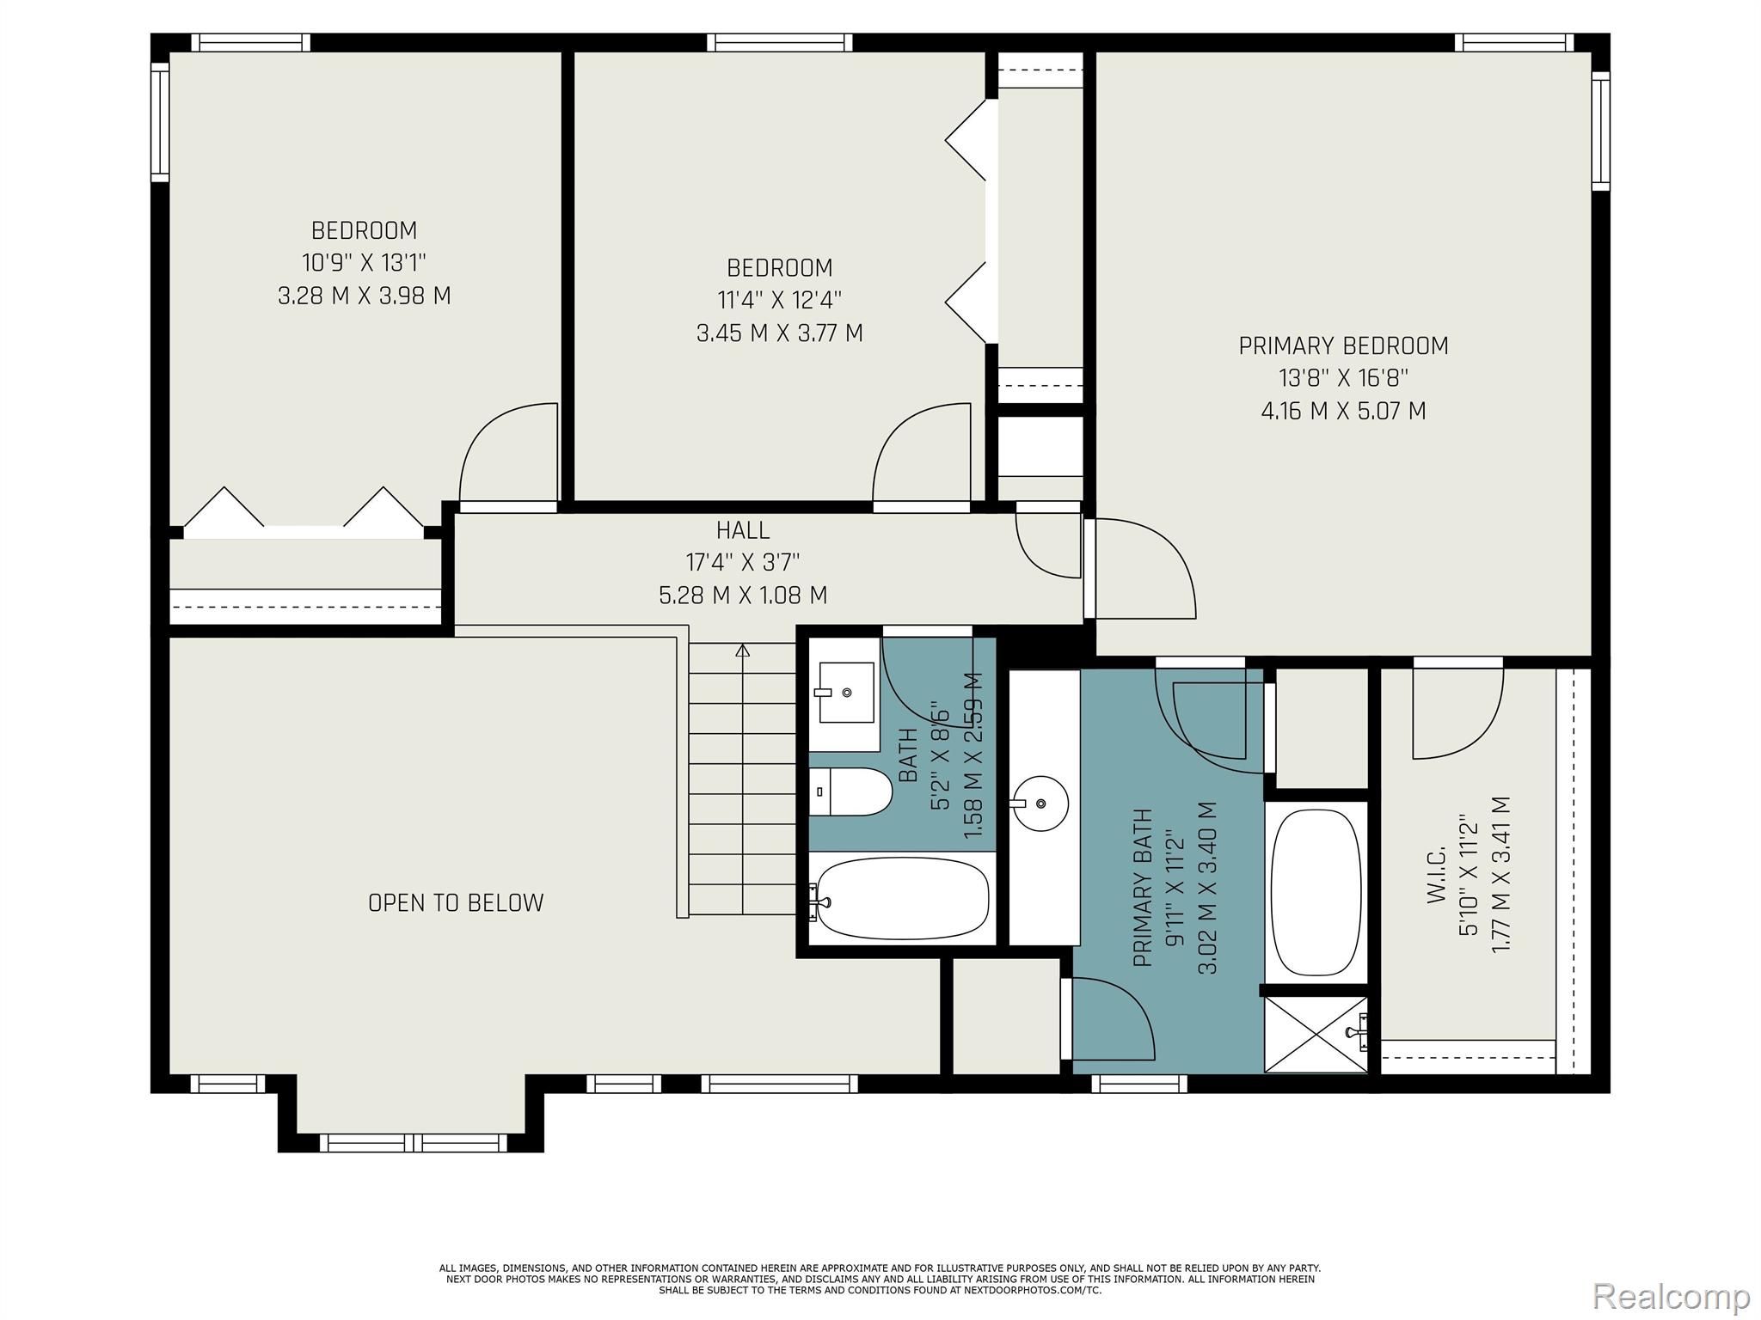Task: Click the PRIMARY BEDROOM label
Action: coord(1343,346)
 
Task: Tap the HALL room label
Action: coord(743,530)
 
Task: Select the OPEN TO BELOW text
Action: coord(456,903)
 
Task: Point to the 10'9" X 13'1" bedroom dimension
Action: coord(365,263)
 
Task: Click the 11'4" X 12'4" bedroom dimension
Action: coord(780,300)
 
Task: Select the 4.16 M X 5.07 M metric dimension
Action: coord(1343,411)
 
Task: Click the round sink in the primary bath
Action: coord(1040,804)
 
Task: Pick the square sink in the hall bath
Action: coord(846,693)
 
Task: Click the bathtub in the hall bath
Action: coord(901,900)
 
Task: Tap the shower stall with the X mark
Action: coord(1316,1034)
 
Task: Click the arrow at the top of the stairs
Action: coord(743,651)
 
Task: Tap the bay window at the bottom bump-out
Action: coord(411,1143)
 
